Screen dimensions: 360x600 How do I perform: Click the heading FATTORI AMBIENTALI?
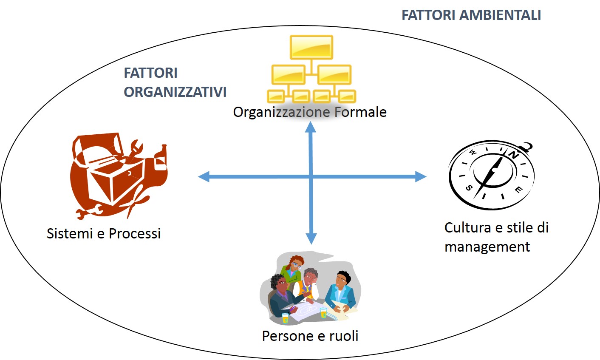pyautogui.click(x=471, y=15)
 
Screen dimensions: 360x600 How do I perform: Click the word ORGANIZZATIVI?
pyautogui.click(x=175, y=92)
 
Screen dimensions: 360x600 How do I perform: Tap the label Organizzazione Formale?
pyautogui.click(x=310, y=112)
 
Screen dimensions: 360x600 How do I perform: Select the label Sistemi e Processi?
pyautogui.click(x=104, y=233)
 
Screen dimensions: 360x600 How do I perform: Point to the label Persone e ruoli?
pyautogui.click(x=310, y=336)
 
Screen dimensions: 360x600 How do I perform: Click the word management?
pyautogui.click(x=487, y=247)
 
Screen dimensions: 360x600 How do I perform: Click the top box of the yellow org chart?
pyautogui.click(x=311, y=47)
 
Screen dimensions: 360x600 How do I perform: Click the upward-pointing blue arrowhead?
pyautogui.click(x=311, y=126)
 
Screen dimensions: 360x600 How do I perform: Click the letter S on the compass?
pyautogui.click(x=469, y=188)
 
